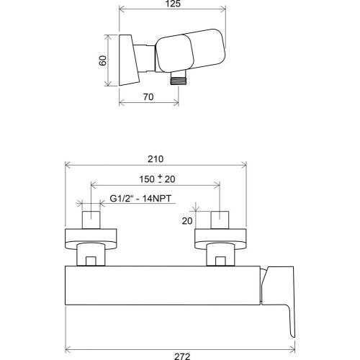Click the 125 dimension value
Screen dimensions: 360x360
pyautogui.click(x=173, y=4)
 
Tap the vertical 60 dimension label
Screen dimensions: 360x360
pyautogui.click(x=103, y=60)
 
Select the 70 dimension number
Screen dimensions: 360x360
pyautogui.click(x=148, y=97)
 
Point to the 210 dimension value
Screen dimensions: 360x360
pyautogui.click(x=156, y=159)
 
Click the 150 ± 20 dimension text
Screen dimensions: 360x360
pyautogui.click(x=157, y=179)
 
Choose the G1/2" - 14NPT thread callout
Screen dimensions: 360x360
pyautogui.click(x=140, y=199)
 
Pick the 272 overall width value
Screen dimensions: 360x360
pyautogui.click(x=182, y=356)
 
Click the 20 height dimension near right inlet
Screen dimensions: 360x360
pyautogui.click(x=187, y=221)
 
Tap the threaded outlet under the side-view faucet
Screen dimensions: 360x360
pyautogui.click(x=179, y=78)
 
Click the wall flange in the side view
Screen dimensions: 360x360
pyautogui.click(x=129, y=60)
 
